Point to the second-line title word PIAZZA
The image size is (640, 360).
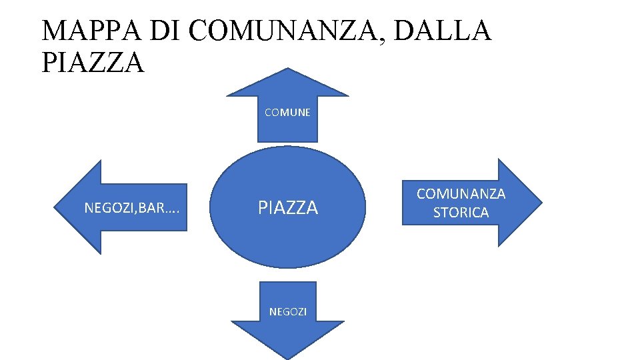click(x=93, y=63)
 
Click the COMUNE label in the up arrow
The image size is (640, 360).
click(x=287, y=113)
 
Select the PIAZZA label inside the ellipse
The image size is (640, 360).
click(x=288, y=208)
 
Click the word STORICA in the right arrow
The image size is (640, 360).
click(x=461, y=213)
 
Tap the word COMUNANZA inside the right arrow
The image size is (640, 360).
click(x=461, y=194)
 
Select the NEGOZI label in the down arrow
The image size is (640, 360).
click(x=287, y=311)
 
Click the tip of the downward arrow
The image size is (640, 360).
click(x=287, y=357)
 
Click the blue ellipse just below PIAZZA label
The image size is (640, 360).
click(x=288, y=240)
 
